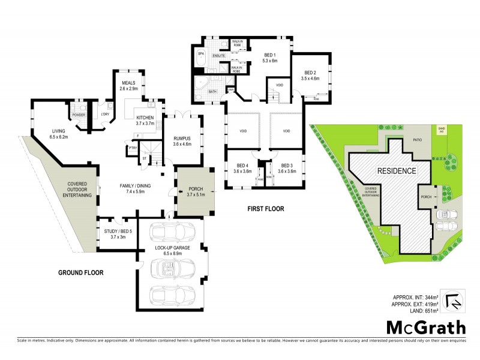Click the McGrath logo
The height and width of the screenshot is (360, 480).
point(425,327)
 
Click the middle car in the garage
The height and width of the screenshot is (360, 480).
point(177,265)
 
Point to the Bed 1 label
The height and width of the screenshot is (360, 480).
point(271,57)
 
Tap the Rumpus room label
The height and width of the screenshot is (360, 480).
point(182,140)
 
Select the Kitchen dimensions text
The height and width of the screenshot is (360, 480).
point(145,124)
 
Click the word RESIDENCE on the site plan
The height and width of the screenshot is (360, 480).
point(396,171)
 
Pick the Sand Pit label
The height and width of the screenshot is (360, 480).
point(442,128)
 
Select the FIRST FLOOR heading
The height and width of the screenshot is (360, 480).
point(266,209)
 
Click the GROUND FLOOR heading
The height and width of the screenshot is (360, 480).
point(80,273)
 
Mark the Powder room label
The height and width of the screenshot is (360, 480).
point(79,115)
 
